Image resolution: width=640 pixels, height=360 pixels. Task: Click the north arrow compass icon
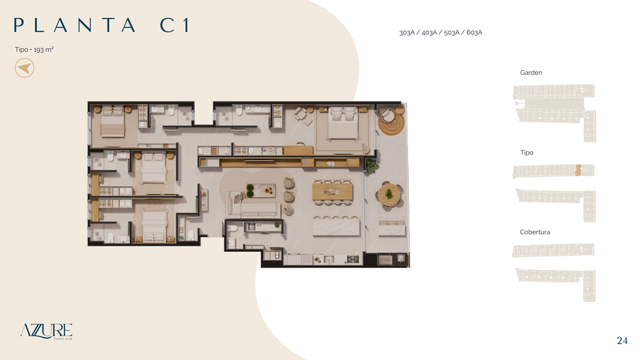(x=24, y=67)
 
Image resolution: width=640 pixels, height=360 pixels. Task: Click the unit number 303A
(x=407, y=32)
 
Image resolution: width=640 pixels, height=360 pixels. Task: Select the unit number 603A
(x=474, y=32)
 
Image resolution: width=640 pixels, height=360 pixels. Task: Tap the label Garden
(x=531, y=72)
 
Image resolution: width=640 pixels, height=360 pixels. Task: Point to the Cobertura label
(x=535, y=232)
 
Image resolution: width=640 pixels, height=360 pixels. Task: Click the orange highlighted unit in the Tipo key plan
(x=578, y=170)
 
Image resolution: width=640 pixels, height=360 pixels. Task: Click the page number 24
(x=622, y=341)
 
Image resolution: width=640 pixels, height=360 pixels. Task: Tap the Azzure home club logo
(x=46, y=331)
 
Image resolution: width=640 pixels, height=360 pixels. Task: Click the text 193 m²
(x=44, y=49)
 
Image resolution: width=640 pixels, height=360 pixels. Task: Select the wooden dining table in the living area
(x=332, y=191)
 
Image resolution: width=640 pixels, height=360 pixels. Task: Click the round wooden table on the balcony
(x=389, y=195)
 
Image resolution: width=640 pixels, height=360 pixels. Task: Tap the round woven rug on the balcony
(x=391, y=122)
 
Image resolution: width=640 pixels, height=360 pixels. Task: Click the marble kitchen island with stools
(x=336, y=226)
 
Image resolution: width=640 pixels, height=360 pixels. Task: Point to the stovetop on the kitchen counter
(x=352, y=259)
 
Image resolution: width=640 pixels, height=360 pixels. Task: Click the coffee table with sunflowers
(x=261, y=191)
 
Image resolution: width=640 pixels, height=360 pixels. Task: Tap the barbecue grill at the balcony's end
(x=385, y=259)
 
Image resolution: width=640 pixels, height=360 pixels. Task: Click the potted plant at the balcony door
(x=371, y=166)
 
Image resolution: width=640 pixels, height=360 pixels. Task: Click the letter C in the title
(x=167, y=25)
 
